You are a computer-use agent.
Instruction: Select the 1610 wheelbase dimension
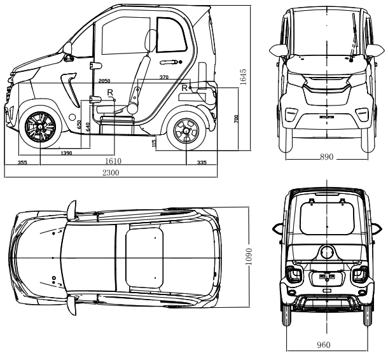click(x=113, y=162)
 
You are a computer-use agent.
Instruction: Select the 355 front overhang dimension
click(x=22, y=162)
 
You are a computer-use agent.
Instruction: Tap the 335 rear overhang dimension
click(x=201, y=162)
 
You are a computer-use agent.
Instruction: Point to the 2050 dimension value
click(x=105, y=82)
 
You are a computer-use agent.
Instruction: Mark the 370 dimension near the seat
click(x=164, y=77)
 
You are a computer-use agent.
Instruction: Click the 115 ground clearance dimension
click(x=155, y=144)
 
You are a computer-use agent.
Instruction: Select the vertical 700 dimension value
click(x=236, y=119)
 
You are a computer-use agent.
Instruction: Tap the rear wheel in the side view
click(x=186, y=130)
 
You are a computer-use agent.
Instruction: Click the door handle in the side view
click(x=170, y=62)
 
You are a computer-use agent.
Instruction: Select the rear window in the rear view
click(x=327, y=219)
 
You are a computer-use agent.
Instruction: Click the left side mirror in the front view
click(x=277, y=50)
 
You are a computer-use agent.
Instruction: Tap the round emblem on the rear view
click(x=327, y=253)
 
